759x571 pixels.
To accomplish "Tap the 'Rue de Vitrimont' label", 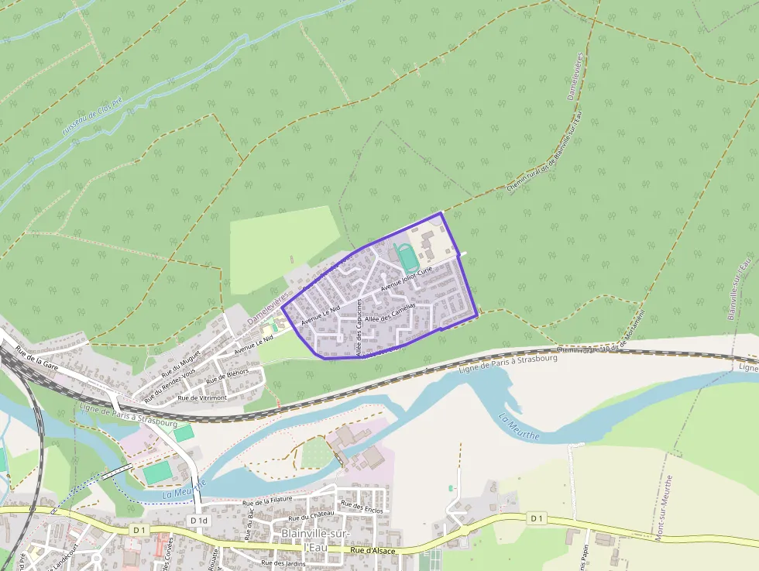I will tap(202, 397).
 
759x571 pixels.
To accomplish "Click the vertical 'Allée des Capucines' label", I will tap(359, 328).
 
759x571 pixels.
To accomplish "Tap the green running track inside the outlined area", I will tap(404, 255).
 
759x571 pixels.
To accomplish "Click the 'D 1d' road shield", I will tap(199, 521).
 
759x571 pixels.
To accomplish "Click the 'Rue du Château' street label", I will tap(311, 516).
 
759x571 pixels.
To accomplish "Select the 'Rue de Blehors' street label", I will tap(227, 376).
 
